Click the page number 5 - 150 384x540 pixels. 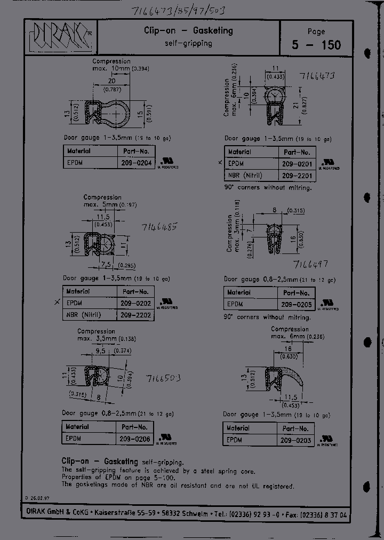point(316,45)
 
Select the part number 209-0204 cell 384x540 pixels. point(135,163)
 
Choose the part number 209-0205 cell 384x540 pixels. point(297,304)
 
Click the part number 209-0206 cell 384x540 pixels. point(135,439)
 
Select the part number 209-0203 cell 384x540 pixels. point(295,440)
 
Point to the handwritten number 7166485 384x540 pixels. point(159,227)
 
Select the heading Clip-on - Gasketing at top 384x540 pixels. point(188,30)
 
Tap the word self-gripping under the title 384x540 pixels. point(188,43)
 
